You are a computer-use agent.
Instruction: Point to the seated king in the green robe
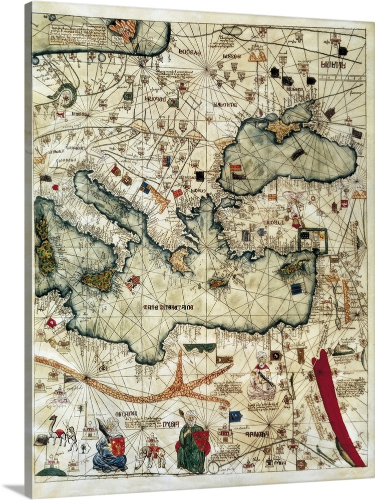tap(191, 442)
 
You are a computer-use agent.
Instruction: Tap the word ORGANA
tap(125, 414)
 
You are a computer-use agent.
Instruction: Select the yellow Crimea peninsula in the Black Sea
tap(284, 128)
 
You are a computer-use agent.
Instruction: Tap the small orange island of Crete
tap(219, 283)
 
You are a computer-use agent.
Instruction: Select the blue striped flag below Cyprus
tap(297, 288)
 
